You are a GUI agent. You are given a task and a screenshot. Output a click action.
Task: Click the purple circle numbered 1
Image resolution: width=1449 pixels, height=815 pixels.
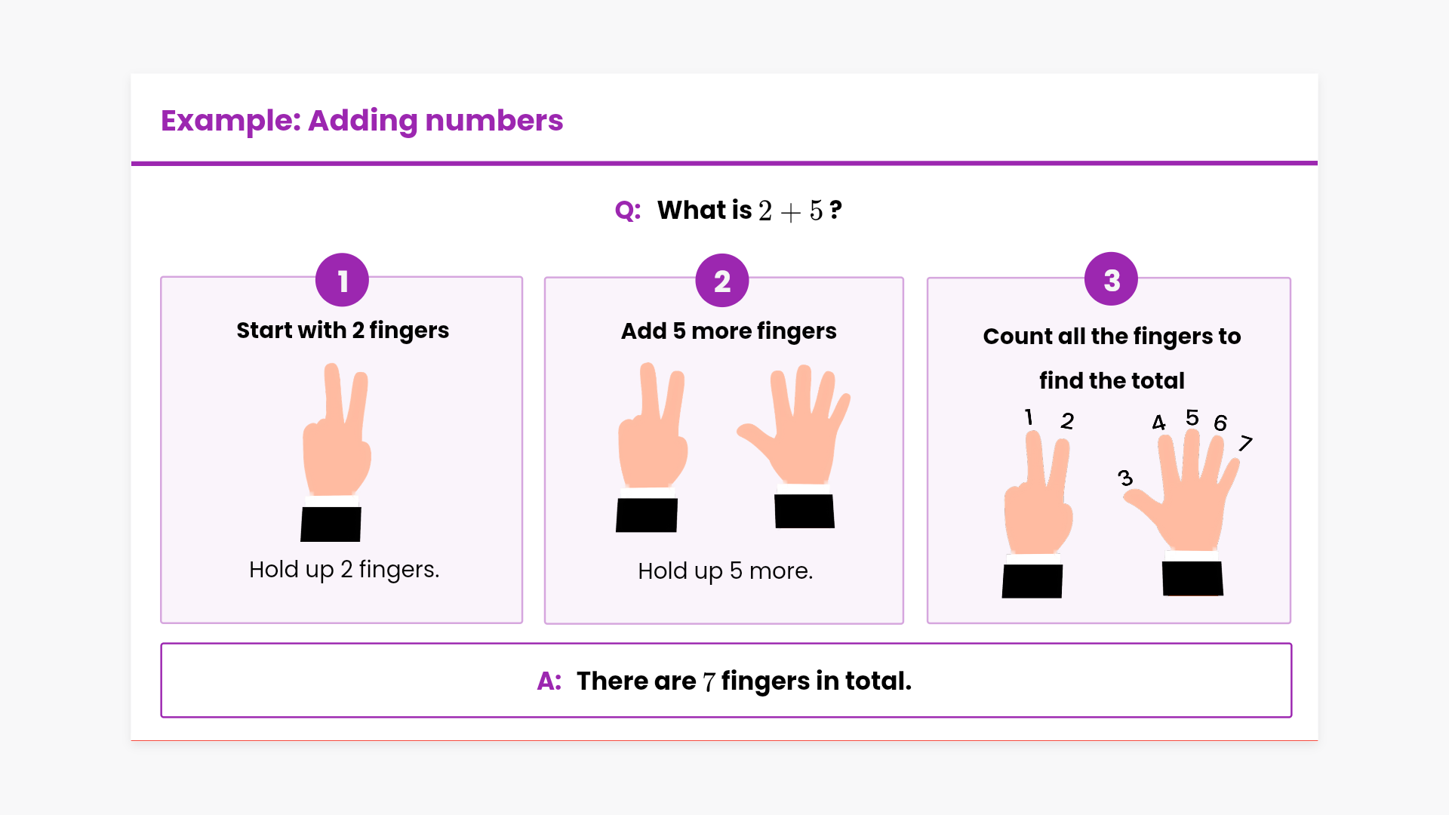click(x=342, y=280)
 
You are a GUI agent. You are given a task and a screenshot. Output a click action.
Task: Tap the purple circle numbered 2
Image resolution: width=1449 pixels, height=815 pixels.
click(x=722, y=281)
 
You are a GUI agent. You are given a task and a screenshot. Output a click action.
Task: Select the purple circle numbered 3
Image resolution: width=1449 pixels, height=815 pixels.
click(x=1111, y=279)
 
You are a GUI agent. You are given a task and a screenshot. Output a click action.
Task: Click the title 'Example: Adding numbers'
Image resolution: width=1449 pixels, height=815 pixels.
click(x=361, y=121)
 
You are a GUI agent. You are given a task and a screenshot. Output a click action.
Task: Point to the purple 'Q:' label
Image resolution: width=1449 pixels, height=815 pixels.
click(x=628, y=211)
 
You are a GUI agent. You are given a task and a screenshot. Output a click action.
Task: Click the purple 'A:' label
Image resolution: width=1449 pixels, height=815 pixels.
click(x=549, y=681)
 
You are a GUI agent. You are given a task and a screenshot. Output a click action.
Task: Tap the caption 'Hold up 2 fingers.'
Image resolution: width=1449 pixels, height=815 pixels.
click(x=344, y=570)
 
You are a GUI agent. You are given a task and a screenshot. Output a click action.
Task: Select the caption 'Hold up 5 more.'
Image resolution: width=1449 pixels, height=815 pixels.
click(x=725, y=571)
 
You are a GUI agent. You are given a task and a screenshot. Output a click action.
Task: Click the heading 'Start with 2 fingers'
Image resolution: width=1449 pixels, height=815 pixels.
click(x=343, y=331)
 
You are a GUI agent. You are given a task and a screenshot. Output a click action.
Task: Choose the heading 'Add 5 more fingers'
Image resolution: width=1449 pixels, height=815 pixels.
click(x=728, y=331)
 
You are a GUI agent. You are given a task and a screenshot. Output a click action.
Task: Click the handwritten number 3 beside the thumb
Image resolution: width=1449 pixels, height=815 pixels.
click(x=1125, y=478)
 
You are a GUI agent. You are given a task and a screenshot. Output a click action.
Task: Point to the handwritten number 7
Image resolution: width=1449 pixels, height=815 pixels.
click(x=1245, y=443)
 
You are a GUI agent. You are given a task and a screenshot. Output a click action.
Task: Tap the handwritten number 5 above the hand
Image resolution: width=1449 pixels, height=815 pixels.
click(x=1192, y=417)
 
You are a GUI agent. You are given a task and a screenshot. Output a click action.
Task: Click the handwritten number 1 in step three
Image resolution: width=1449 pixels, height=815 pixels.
click(x=1029, y=417)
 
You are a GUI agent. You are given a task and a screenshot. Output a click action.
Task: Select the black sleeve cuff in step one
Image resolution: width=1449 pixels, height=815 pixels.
click(x=331, y=524)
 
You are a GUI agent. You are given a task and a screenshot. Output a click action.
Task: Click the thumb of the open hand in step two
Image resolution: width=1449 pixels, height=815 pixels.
click(x=755, y=439)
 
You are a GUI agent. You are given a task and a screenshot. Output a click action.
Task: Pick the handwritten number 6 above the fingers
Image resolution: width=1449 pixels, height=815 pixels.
click(x=1220, y=423)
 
